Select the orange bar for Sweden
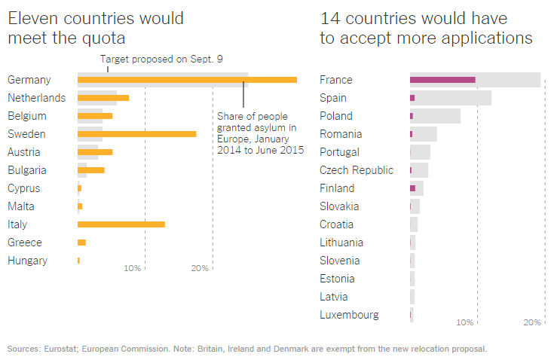[136, 134]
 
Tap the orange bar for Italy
[121, 224]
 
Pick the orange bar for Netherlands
[103, 98]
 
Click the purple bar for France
[442, 80]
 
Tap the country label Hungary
[27, 261]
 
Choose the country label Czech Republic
[356, 170]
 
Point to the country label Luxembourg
[349, 315]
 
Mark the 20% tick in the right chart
[532, 322]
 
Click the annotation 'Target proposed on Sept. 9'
[161, 59]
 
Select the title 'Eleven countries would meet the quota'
[95, 28]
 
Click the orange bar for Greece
[81, 243]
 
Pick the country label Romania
[341, 134]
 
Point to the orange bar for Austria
[95, 152]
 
